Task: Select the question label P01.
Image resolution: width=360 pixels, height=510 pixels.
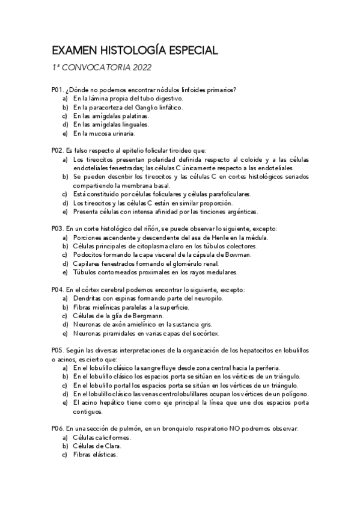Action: tap(57, 89)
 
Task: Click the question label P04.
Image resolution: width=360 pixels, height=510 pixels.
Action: tap(57, 290)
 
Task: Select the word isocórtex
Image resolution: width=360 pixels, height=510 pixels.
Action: tap(203, 333)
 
